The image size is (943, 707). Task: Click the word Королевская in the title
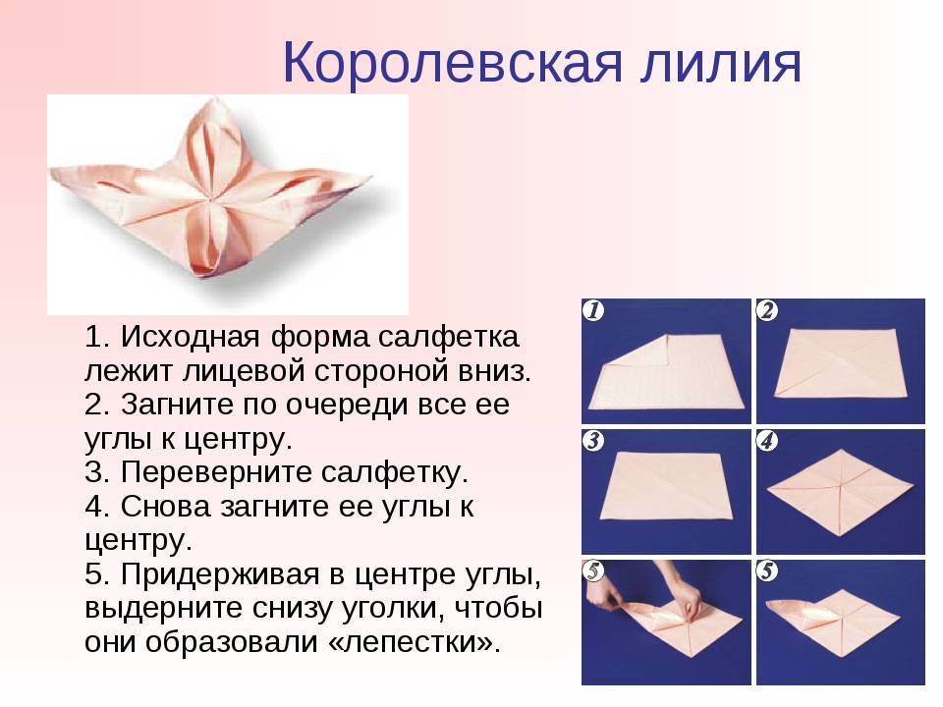coord(452,62)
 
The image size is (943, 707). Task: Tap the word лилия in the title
coord(720,63)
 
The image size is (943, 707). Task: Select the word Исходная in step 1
coord(190,336)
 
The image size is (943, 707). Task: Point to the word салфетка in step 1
coord(448,336)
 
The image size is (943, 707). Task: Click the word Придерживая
coord(219,575)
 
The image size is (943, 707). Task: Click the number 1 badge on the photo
coord(594,310)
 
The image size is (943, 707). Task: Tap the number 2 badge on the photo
coord(768,310)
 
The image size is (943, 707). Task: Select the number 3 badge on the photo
coord(594,441)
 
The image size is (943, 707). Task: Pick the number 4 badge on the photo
coord(768,441)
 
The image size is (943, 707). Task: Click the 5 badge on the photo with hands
coord(594,571)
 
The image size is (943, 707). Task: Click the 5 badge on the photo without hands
coord(768,571)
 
